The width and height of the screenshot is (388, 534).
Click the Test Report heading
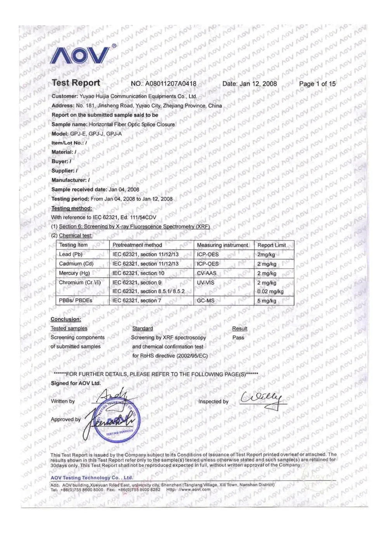pyautogui.click(x=76, y=83)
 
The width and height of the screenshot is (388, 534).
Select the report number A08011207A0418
pyautogui.click(x=171, y=83)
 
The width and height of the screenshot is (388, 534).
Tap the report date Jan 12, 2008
pyautogui.click(x=258, y=83)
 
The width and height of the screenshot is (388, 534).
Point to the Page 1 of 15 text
pyautogui.click(x=317, y=83)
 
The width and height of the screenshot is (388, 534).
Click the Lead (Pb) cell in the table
pyautogui.click(x=71, y=254)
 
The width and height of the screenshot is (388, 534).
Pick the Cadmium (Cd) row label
pyautogui.click(x=76, y=264)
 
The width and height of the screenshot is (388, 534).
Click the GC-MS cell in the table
pyautogui.click(x=206, y=301)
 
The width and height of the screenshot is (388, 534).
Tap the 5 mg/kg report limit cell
pyautogui.click(x=267, y=301)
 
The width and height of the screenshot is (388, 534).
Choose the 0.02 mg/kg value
pyautogui.click(x=270, y=292)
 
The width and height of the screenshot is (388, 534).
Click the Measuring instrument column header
pyautogui.click(x=222, y=245)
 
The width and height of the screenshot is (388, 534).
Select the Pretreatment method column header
pyautogui.click(x=137, y=245)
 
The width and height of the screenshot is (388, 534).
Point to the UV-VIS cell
pyautogui.click(x=206, y=283)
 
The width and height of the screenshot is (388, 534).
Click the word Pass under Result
pyautogui.click(x=238, y=337)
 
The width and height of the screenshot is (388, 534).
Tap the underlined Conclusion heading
pyautogui.click(x=66, y=319)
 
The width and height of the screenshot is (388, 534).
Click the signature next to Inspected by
pyautogui.click(x=262, y=399)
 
